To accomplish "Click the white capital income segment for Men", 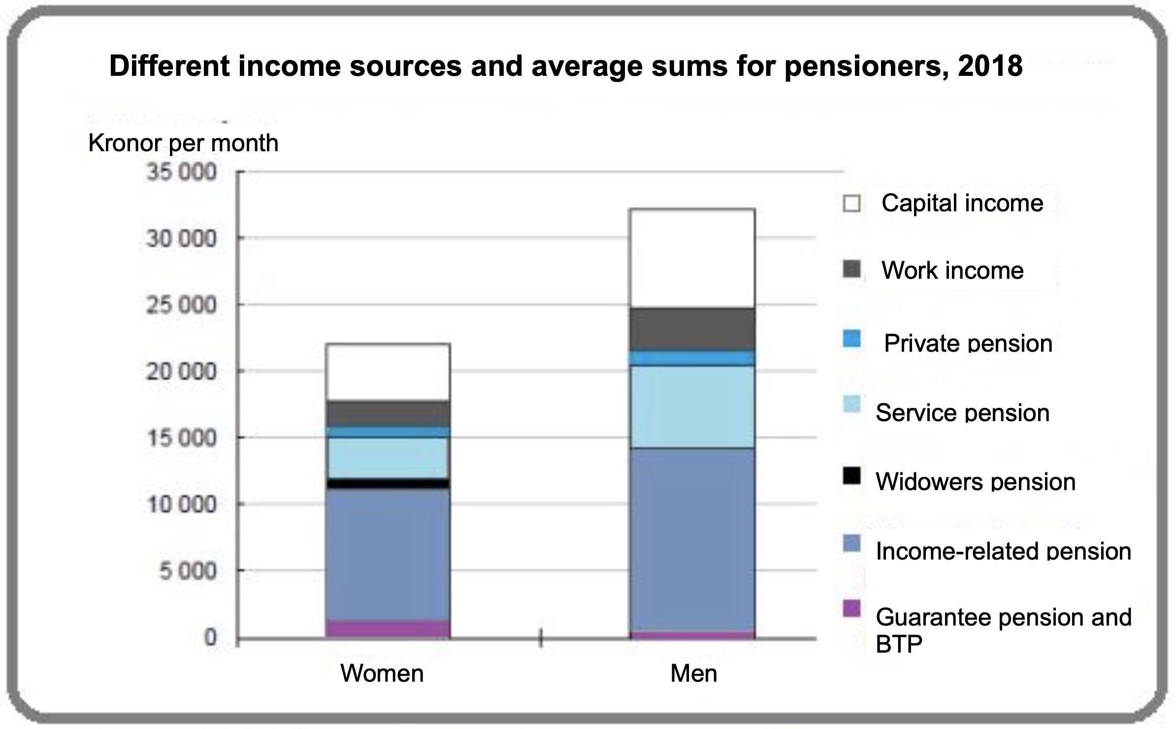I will [692, 258].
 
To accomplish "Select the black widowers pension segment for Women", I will [388, 483].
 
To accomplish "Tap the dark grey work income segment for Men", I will [692, 329].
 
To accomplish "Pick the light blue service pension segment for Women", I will [388, 458].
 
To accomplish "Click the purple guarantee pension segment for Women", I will [388, 629].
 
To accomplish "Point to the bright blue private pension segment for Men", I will [692, 358].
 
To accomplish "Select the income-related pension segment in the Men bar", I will [692, 539].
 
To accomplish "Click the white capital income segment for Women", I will [388, 372].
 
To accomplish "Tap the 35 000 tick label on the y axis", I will [181, 172].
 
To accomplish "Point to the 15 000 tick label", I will [181, 438].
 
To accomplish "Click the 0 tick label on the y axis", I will [210, 637].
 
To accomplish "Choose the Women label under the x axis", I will [382, 673].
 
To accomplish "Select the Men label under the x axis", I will [693, 673].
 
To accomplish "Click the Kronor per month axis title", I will [183, 143].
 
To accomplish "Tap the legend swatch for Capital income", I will [851, 203].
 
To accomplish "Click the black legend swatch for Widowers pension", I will [851, 476].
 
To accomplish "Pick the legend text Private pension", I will [968, 343].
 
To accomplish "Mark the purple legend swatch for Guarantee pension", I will [851, 608].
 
